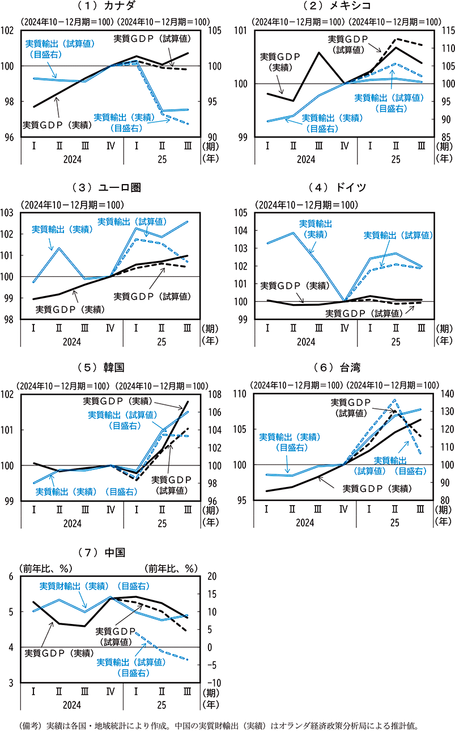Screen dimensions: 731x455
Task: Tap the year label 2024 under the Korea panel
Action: tap(71, 516)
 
